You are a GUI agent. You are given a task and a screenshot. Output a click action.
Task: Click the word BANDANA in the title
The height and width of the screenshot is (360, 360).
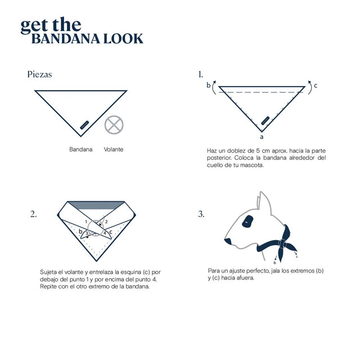click(x=66, y=39)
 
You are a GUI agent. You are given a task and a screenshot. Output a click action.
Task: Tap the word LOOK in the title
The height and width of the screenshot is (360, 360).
click(x=123, y=39)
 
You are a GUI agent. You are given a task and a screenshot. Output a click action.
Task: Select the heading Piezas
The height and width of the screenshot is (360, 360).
click(x=39, y=74)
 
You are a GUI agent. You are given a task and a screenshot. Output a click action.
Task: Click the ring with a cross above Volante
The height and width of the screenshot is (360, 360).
click(x=114, y=125)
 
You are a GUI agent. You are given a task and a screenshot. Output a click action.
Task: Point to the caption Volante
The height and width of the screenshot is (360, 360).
click(x=114, y=149)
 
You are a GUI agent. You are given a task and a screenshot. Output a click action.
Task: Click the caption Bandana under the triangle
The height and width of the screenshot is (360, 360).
click(x=81, y=149)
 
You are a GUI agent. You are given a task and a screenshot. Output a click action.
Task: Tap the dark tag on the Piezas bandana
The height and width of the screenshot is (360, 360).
click(x=84, y=125)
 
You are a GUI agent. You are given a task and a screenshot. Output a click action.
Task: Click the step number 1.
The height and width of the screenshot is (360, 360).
click(x=200, y=74)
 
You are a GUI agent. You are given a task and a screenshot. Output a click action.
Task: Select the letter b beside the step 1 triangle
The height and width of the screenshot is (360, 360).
click(x=209, y=85)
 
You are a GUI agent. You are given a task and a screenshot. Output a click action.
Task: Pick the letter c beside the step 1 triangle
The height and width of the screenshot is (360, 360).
click(x=316, y=85)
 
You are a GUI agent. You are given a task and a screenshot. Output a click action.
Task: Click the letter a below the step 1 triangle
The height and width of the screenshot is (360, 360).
click(x=262, y=137)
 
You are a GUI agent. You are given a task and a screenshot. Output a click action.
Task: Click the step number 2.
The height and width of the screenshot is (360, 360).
click(x=33, y=214)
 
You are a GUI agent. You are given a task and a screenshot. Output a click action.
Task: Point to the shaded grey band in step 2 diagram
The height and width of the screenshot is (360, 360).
click(x=96, y=205)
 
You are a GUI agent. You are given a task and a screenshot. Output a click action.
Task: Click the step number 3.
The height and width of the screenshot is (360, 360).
click(x=201, y=214)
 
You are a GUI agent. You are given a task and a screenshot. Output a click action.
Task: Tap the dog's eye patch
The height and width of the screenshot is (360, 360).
click(x=247, y=222)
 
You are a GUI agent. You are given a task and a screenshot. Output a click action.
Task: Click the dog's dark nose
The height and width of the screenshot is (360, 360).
click(x=228, y=241)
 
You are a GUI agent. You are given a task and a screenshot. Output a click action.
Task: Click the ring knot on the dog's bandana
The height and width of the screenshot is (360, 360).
click(x=282, y=244)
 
